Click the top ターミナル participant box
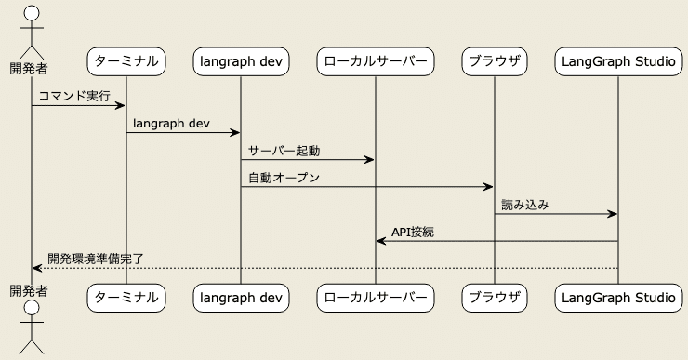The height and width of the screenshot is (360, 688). click(x=126, y=62)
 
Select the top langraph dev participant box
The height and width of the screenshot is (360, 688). click(x=241, y=62)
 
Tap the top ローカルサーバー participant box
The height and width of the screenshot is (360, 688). click(x=376, y=62)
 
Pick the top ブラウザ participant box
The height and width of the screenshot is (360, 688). click(x=495, y=62)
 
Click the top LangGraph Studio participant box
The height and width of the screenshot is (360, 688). click(x=617, y=62)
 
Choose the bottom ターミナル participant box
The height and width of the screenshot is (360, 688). click(x=126, y=298)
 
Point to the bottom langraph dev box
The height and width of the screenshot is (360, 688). click(x=241, y=298)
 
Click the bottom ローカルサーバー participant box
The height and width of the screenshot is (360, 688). click(x=376, y=298)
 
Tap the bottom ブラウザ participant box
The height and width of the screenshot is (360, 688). click(x=495, y=298)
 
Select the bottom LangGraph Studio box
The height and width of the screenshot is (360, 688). click(x=617, y=298)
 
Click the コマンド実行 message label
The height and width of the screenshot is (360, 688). click(x=74, y=96)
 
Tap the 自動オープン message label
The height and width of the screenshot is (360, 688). click(x=284, y=178)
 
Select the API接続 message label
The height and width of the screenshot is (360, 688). click(x=413, y=232)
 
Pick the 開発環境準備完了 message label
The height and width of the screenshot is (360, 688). click(x=96, y=259)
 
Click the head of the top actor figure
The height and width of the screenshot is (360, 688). click(x=32, y=13)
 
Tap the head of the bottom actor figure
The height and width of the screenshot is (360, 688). click(x=32, y=309)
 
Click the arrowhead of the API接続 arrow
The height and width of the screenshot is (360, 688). click(x=380, y=241)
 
